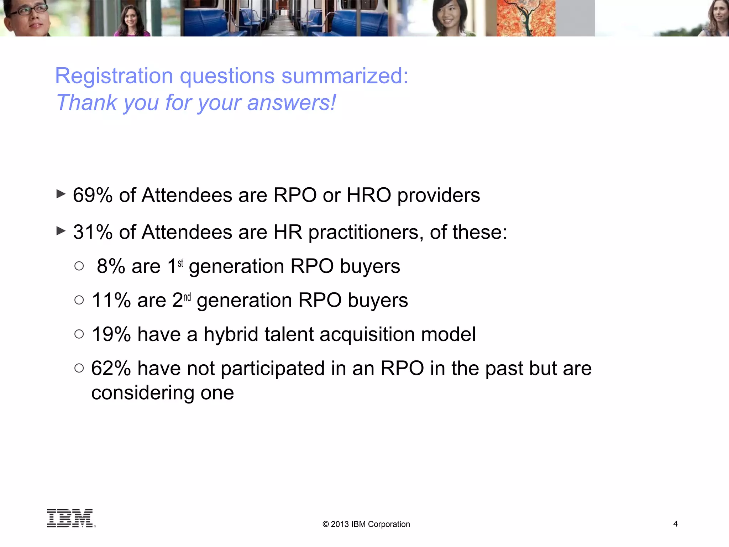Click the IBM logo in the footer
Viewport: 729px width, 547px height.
(70, 518)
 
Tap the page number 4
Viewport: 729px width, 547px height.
(675, 524)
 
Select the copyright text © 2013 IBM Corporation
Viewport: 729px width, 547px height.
(366, 524)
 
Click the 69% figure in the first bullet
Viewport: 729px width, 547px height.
(93, 195)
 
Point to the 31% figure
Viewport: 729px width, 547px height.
(93, 232)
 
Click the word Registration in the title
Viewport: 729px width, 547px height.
(114, 76)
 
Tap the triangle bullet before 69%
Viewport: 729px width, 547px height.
(61, 194)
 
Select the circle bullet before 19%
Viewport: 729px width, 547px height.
(79, 334)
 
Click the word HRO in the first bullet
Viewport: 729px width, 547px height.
(369, 195)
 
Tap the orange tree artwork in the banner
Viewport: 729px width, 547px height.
(526, 18)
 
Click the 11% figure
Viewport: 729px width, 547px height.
(111, 300)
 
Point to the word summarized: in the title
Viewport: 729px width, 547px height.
(345, 76)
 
